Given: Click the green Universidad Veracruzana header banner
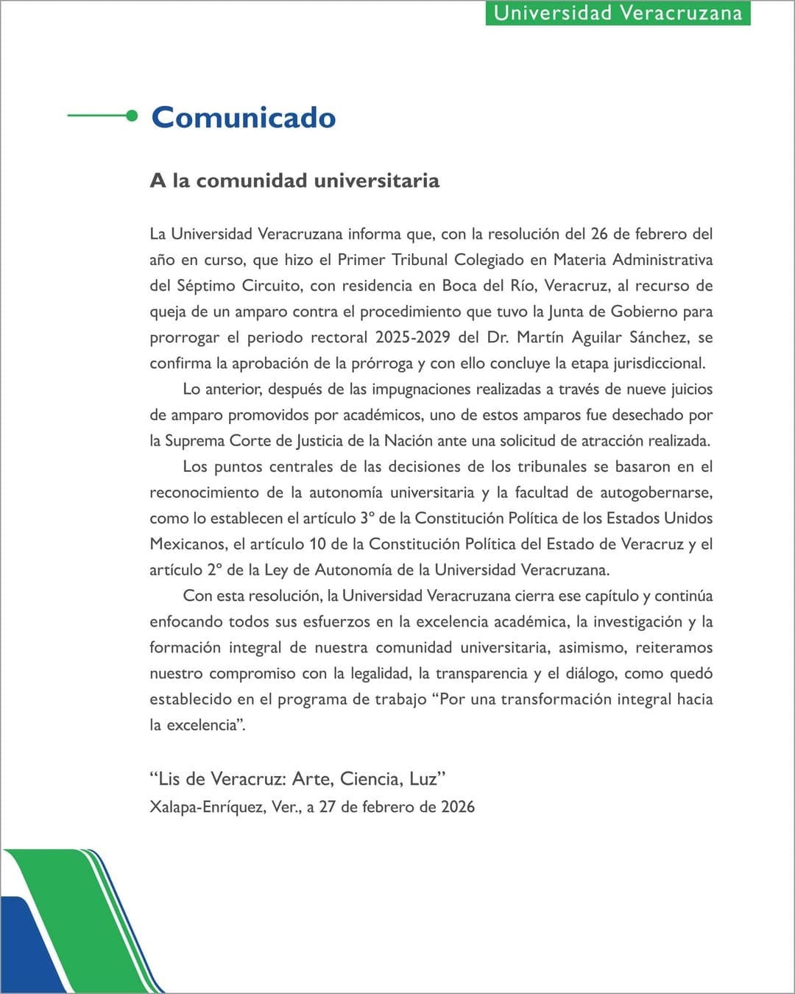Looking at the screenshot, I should pyautogui.click(x=618, y=13).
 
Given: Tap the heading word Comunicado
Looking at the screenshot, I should pyautogui.click(x=244, y=118).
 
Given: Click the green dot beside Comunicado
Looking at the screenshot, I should pyautogui.click(x=132, y=116).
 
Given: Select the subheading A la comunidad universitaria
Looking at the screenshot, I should pyautogui.click(x=294, y=180).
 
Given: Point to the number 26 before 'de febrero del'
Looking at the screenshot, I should pyautogui.click(x=599, y=234).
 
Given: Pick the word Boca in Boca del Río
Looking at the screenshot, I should pyautogui.click(x=459, y=286).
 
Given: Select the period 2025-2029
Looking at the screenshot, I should pyautogui.click(x=412, y=337).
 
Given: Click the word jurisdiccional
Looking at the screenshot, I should pyautogui.click(x=657, y=363).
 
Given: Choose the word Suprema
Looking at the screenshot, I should pyautogui.click(x=195, y=440).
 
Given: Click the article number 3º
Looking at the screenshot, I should pyautogui.click(x=367, y=518).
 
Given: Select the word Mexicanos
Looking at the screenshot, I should pyautogui.click(x=188, y=544).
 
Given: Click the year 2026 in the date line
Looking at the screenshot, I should pyautogui.click(x=458, y=807).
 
